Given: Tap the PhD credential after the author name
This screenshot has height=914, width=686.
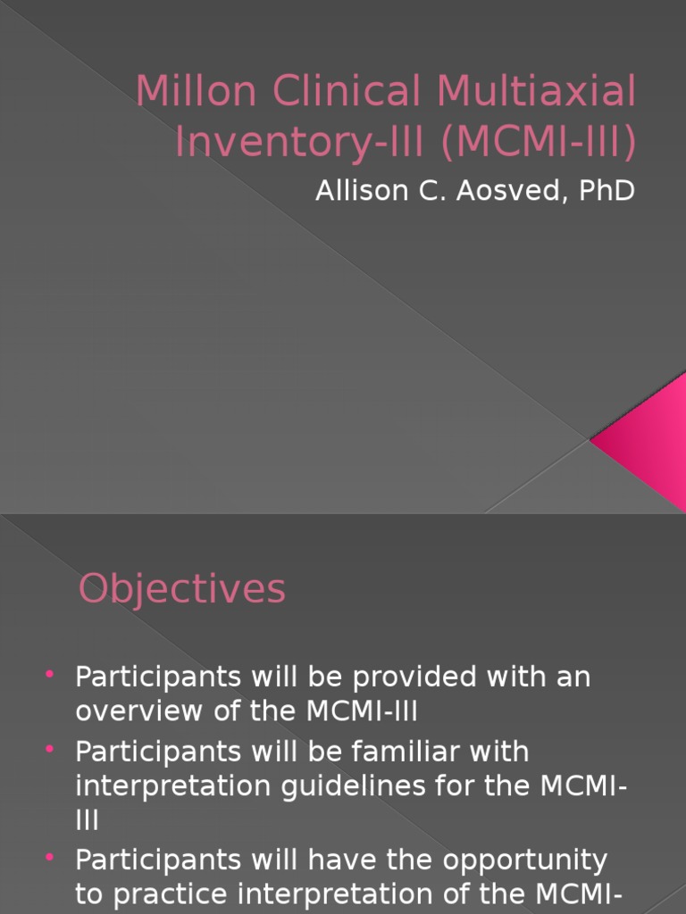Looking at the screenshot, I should click(x=607, y=191).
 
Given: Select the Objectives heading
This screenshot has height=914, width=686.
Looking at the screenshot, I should click(x=182, y=590).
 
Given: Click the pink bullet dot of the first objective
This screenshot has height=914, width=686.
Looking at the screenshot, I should click(x=49, y=675).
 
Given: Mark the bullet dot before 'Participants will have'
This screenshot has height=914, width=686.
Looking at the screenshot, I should click(x=49, y=858).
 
